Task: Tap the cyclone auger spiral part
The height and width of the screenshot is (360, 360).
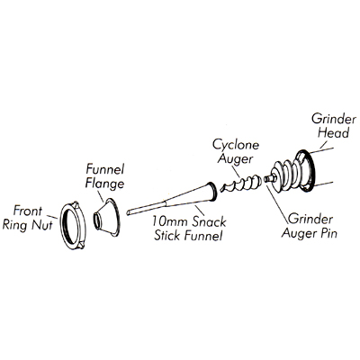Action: point(241,184)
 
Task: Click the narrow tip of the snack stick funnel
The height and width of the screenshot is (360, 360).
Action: point(129,212)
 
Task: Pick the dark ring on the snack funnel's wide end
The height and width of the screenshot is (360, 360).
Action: point(212,191)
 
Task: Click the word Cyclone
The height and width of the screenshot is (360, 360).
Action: point(236,145)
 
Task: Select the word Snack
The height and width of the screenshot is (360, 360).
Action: point(210,222)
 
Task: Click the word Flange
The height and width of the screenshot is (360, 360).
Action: point(104,184)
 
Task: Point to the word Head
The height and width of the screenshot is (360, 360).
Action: point(334,132)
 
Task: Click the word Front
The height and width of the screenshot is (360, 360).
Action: point(28,211)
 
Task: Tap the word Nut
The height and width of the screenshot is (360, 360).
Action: point(42,224)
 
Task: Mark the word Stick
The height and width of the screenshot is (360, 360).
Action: point(166,236)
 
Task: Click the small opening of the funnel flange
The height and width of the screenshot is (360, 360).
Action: point(96,220)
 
